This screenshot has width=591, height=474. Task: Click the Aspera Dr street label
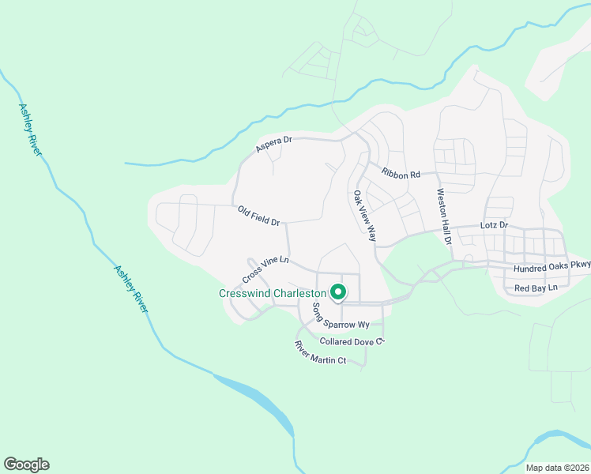point(274,145)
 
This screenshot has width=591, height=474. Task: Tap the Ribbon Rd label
point(400,174)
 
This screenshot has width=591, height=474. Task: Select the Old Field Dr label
point(259,216)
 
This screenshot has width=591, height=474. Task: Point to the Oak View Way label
point(365,216)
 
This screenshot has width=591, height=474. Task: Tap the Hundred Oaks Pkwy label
point(551,268)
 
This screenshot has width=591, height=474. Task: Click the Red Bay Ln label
point(536,288)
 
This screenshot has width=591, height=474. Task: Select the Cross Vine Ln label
point(265,269)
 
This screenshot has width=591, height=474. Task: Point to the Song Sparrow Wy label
point(341,317)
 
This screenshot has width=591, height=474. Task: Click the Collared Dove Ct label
point(352,341)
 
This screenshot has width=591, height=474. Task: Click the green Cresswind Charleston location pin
point(337,292)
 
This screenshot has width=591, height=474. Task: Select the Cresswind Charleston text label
point(273,293)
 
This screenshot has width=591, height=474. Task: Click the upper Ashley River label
point(29,128)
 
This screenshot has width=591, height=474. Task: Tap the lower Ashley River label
point(131,288)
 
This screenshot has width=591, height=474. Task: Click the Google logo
point(26,465)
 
